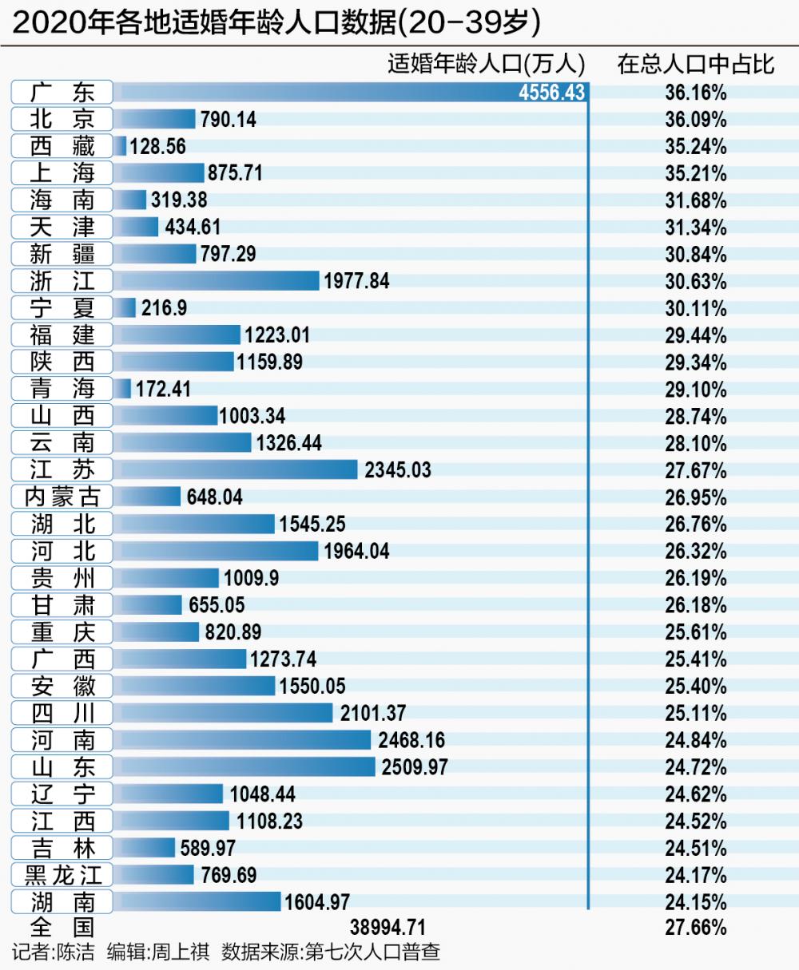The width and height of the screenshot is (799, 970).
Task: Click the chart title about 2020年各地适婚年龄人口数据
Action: pos(276,23)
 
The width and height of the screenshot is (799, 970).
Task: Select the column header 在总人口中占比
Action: pos(696,65)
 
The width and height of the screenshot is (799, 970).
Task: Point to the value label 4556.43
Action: pos(551,93)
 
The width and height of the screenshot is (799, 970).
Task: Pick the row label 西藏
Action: pos(62,146)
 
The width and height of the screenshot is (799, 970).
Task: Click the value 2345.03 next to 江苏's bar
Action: pos(397,470)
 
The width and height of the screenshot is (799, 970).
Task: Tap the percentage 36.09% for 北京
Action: pos(696,120)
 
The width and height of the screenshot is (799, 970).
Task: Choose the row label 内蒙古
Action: pos(62,497)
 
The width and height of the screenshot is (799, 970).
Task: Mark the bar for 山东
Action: pos(244,767)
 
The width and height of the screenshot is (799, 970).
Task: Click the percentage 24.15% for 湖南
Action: pos(696,902)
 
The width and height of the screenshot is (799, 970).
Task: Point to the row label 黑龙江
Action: pos(62,875)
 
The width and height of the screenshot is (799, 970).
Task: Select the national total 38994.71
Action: pos(388,928)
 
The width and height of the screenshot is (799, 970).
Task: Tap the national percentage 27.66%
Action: pos(696,928)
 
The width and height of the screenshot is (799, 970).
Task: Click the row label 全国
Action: pos(62,928)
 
